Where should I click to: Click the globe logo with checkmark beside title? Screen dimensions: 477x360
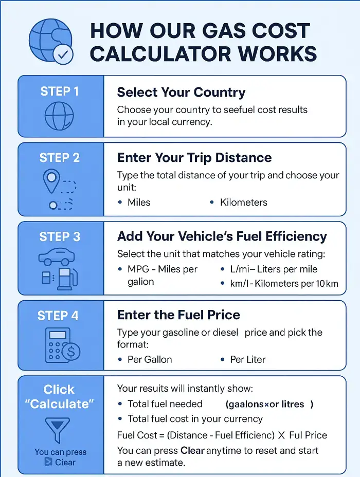[51, 41]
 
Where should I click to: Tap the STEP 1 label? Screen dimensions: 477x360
[60, 91]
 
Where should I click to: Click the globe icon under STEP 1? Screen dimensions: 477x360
[60, 116]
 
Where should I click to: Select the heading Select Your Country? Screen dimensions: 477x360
[181, 93]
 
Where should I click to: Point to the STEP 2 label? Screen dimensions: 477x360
[60, 158]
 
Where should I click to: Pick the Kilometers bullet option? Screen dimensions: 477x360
[243, 203]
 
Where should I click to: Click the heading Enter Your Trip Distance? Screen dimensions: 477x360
[194, 158]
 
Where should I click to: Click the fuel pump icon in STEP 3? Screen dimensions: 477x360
[65, 279]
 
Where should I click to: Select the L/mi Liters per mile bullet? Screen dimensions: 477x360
[273, 269]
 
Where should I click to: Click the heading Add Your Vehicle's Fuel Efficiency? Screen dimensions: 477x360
[222, 236]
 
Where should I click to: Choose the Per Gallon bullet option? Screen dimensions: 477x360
[150, 359]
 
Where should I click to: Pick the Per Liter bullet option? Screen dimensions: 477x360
[247, 359]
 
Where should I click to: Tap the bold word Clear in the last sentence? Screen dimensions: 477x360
[192, 451]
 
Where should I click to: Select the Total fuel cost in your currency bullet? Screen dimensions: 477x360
[195, 419]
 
